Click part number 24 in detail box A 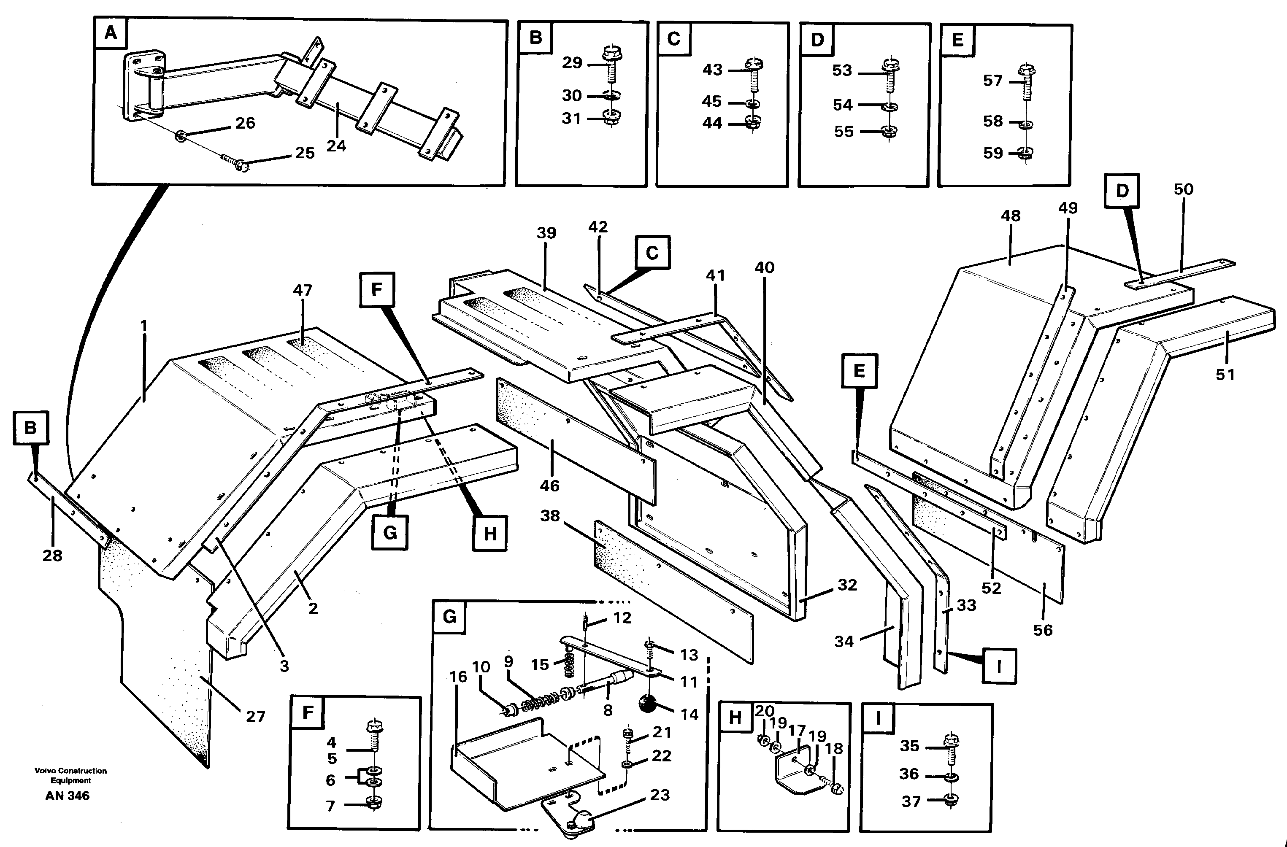coord(336,146)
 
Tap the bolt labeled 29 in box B coord(611,67)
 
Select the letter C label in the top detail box coord(673,39)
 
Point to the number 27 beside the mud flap coord(255,717)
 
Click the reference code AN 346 coord(68,796)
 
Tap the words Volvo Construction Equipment coord(71,775)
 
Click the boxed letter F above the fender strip coord(377,290)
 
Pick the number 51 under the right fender coord(1225,375)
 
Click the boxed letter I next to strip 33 coord(999,666)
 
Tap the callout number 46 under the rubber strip coord(549,486)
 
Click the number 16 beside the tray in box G coord(458,676)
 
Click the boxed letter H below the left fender coord(489,534)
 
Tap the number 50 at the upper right coord(1183,189)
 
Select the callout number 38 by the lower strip coord(549,515)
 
